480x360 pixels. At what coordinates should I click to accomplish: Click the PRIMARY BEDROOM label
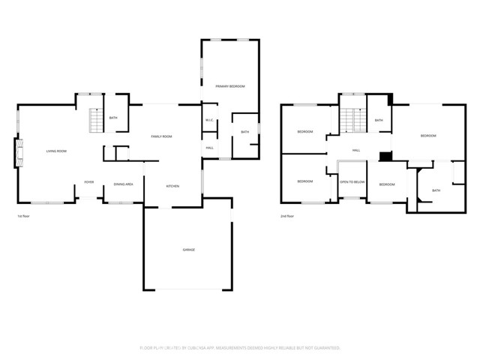click(x=230, y=86)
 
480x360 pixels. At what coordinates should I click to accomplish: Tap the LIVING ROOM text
click(x=56, y=151)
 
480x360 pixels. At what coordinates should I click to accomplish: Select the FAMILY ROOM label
click(x=161, y=136)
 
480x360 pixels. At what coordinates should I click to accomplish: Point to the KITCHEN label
click(x=172, y=185)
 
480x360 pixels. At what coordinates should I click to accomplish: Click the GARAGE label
click(x=188, y=250)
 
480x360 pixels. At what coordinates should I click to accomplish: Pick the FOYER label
click(x=88, y=182)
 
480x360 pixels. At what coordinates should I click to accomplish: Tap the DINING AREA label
click(x=124, y=184)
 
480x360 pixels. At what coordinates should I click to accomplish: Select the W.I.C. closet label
click(x=209, y=121)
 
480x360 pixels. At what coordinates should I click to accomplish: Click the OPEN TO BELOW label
click(x=352, y=182)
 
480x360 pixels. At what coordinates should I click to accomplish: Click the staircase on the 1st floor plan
click(x=94, y=120)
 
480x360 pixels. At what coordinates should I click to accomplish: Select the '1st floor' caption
click(x=24, y=216)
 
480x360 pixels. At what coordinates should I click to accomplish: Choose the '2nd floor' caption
click(x=287, y=216)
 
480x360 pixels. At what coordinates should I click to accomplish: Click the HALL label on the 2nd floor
click(x=356, y=150)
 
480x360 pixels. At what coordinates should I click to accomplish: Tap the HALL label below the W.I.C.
click(x=209, y=148)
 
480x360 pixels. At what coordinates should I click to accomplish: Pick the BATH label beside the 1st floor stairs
click(x=113, y=118)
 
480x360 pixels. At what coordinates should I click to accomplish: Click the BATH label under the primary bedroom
click(x=244, y=132)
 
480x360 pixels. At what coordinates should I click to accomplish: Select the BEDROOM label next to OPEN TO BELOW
click(x=387, y=184)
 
